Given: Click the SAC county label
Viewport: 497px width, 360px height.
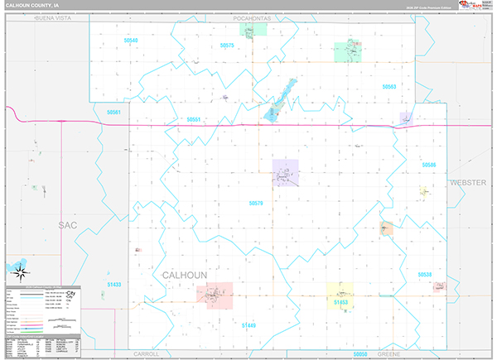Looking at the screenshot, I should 68,224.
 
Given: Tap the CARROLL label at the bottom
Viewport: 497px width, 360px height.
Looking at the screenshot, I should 146,353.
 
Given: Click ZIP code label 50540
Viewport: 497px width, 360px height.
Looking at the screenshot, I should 130,41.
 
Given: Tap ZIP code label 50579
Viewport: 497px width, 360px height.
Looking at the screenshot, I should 255,203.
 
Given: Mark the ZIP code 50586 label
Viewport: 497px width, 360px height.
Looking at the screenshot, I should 428,166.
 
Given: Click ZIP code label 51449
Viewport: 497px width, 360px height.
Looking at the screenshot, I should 248,326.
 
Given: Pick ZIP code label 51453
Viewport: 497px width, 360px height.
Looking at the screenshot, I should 340,304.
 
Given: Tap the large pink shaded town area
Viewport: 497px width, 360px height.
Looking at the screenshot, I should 215,295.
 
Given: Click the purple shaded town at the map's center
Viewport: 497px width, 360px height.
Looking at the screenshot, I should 285,173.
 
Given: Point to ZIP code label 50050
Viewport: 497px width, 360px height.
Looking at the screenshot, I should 359,353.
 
